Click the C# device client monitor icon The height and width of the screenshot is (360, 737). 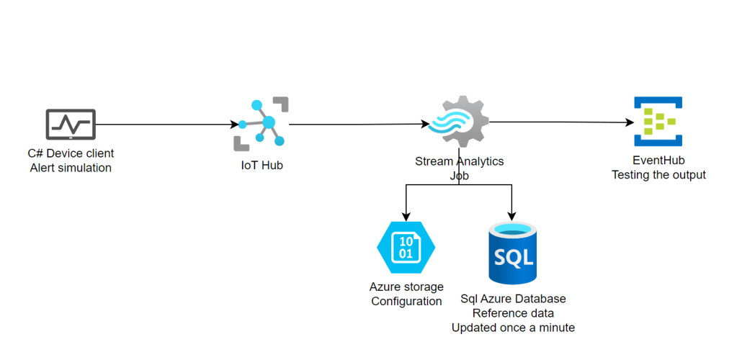(x=70, y=125)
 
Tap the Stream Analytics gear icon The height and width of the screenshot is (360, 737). (x=458, y=122)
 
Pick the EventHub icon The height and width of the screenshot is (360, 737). (x=657, y=122)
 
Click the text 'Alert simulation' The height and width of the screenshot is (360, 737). (x=71, y=168)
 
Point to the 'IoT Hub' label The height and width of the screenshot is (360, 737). (x=261, y=166)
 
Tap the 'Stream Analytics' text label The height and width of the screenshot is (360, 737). (x=459, y=161)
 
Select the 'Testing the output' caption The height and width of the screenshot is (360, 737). (x=658, y=174)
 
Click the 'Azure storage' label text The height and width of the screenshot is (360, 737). (x=406, y=287)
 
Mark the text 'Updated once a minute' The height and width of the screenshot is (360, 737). (x=513, y=328)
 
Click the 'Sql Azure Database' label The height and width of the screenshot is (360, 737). (x=513, y=298)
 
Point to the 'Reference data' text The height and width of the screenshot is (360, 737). (x=513, y=312)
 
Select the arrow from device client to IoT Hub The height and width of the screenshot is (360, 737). (x=166, y=125)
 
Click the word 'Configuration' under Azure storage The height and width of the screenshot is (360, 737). (x=406, y=301)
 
